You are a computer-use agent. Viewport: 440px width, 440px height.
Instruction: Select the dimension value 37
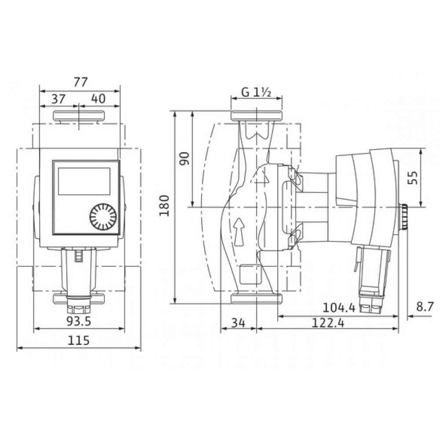pyautogui.click(x=59, y=99)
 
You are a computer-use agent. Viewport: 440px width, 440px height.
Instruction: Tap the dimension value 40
pyautogui.click(x=99, y=99)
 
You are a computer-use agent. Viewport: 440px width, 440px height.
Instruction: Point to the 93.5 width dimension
pyautogui.click(x=79, y=322)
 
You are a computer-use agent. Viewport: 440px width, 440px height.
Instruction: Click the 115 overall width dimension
pyautogui.click(x=79, y=341)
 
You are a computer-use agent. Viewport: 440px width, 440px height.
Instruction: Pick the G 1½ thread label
pyautogui.click(x=256, y=93)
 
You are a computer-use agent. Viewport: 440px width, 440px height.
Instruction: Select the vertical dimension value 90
pyautogui.click(x=184, y=158)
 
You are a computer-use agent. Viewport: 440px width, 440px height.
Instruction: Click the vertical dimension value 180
pyautogui.click(x=165, y=206)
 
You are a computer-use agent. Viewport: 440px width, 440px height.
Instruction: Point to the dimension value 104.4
pyautogui.click(x=338, y=307)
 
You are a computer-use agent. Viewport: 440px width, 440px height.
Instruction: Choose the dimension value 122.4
pyautogui.click(x=327, y=323)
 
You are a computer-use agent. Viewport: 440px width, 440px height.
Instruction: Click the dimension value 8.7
pyautogui.click(x=425, y=307)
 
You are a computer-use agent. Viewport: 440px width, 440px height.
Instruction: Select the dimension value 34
pyautogui.click(x=238, y=323)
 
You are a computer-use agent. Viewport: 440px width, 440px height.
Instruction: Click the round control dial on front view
pyautogui.click(x=103, y=216)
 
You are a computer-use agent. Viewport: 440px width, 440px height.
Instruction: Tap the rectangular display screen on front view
pyautogui.click(x=84, y=181)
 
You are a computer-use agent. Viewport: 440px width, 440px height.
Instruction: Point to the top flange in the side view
pyautogui.click(x=256, y=116)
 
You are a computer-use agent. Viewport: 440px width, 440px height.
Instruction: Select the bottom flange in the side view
pyautogui.click(x=256, y=299)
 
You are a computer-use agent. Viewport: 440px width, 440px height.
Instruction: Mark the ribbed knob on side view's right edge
pyautogui.click(x=404, y=217)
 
